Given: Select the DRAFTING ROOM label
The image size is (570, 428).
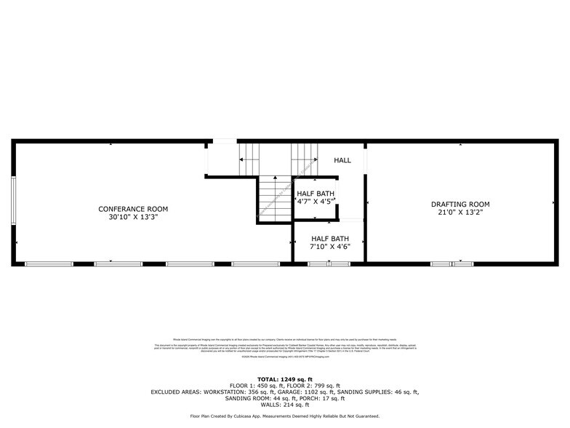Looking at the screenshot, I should pos(460,205).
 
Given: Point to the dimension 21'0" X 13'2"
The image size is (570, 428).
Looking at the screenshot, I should pos(460,213).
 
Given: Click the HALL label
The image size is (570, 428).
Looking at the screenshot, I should pos(342,160).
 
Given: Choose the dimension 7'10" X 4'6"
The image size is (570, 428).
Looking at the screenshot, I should pos(330,246).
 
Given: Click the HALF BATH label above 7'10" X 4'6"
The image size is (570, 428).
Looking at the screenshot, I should pos(330,238).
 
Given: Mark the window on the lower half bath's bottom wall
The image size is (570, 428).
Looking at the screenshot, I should pos(329,263).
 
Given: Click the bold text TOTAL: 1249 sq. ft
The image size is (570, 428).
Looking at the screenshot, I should pos(285,379).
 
